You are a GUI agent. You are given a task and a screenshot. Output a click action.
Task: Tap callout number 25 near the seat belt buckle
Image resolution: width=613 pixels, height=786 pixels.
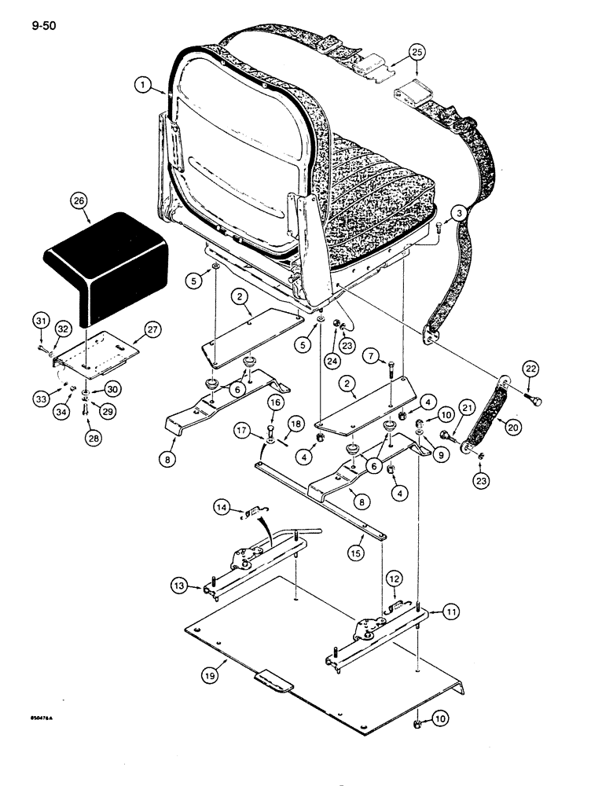coord(417,53)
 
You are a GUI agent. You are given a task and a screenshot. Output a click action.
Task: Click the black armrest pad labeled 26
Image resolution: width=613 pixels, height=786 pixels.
coord(110,255)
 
